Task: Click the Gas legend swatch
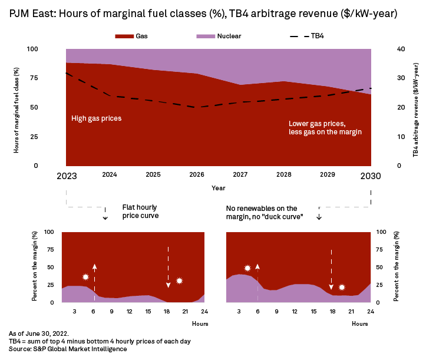124,36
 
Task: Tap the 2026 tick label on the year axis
197,175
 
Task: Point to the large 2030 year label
371,176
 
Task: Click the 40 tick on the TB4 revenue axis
401,49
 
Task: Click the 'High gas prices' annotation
96,118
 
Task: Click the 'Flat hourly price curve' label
140,212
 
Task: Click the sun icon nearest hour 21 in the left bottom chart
180,280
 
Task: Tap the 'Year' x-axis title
218,188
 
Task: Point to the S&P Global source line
68,349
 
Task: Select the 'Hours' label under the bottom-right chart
360,323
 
